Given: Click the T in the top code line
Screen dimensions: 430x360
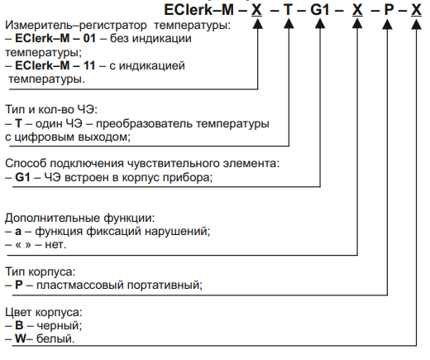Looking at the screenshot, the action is [x=288, y=10].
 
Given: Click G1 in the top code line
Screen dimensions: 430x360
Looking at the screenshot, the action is [x=320, y=10].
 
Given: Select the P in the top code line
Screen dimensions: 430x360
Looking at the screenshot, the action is [x=389, y=10].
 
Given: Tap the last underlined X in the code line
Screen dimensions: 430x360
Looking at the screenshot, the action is [x=416, y=10].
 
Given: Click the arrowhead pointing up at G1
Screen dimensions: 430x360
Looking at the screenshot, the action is [x=320, y=24].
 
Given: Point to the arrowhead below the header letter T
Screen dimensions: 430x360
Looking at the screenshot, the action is [x=289, y=24].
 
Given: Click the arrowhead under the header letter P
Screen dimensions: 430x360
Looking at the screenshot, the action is [x=387, y=24].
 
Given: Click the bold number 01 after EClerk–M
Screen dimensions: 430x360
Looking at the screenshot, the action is [x=89, y=38].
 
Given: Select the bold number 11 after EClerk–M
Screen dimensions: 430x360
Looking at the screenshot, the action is [x=89, y=65].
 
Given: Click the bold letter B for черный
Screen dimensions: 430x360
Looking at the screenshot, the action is [x=19, y=325].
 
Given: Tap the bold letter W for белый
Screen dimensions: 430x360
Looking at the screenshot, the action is [x=21, y=338].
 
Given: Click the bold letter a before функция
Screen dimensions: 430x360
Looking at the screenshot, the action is [x=18, y=232].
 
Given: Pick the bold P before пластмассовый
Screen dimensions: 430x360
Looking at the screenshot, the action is [x=19, y=285].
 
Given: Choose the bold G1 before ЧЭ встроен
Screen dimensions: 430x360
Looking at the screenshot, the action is [x=22, y=177].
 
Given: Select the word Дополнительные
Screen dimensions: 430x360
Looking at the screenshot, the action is [x=52, y=218].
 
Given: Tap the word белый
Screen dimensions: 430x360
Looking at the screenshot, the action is [x=55, y=338].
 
